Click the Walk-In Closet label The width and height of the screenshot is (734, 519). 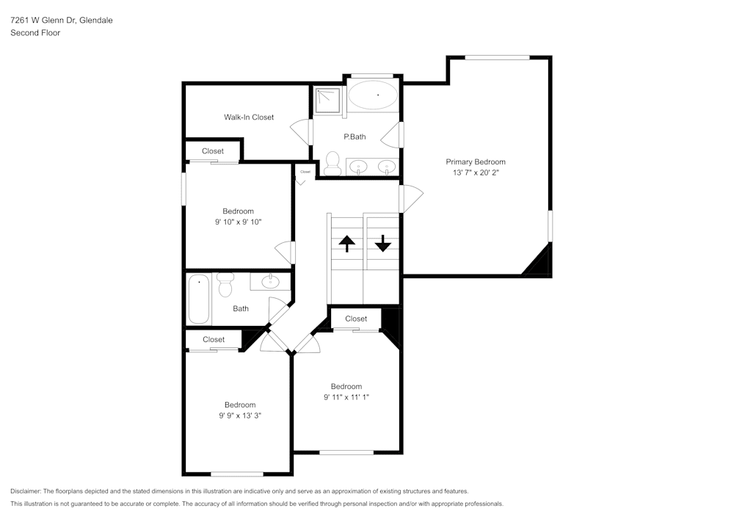click(x=249, y=117)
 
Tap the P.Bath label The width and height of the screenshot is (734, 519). click(x=355, y=137)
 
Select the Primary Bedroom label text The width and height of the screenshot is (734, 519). click(x=476, y=161)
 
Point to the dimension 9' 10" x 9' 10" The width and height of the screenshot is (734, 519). click(x=239, y=222)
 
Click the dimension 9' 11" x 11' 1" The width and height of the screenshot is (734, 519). click(x=346, y=397)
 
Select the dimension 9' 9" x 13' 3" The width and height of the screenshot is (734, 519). click(x=240, y=415)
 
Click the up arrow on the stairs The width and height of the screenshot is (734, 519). click(x=346, y=243)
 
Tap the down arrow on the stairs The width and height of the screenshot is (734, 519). click(x=383, y=243)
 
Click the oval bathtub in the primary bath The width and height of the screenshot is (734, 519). click(x=373, y=95)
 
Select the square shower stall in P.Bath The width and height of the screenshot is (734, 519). click(x=328, y=101)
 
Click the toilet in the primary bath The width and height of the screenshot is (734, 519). click(x=333, y=162)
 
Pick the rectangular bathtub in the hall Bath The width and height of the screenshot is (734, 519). click(x=199, y=300)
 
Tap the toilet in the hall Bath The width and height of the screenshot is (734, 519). click(x=225, y=283)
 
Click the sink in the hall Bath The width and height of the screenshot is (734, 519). click(x=270, y=280)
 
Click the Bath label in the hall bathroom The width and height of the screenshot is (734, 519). click(x=241, y=308)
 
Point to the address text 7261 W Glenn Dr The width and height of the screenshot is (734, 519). click(x=61, y=21)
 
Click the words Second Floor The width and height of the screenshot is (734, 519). click(x=35, y=33)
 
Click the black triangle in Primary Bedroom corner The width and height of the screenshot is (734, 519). click(x=541, y=261)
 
